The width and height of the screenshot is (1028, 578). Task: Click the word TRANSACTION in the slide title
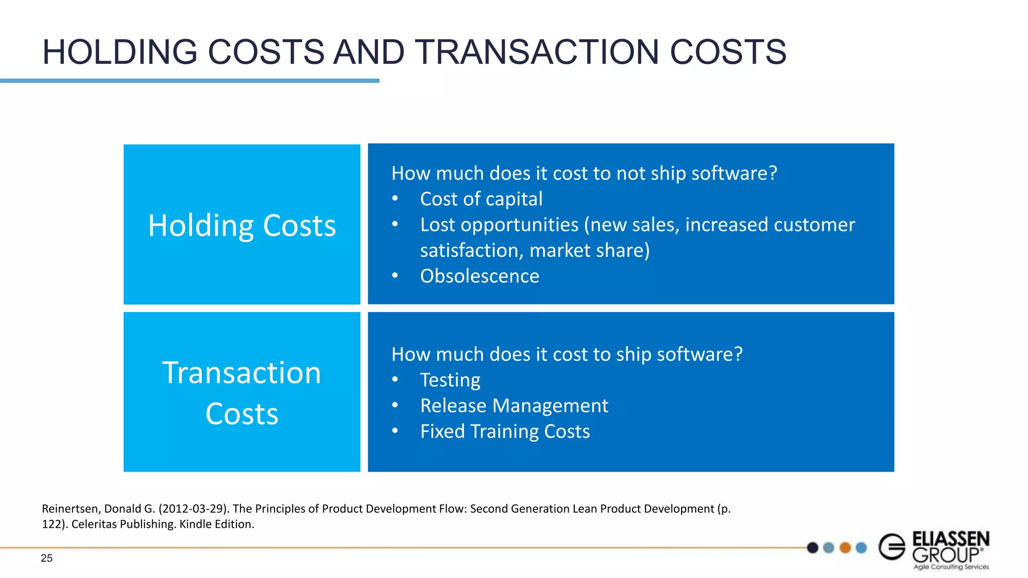click(x=536, y=52)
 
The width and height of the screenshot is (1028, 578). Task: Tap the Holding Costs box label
click(x=242, y=226)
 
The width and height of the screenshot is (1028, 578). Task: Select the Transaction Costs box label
click(x=242, y=393)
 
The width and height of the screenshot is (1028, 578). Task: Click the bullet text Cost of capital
click(x=481, y=199)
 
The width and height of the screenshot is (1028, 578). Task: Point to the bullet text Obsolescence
click(x=479, y=276)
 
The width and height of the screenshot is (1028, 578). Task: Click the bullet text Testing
click(x=450, y=380)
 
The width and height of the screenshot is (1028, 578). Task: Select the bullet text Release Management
click(x=513, y=406)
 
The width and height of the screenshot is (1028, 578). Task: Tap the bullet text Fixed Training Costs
click(x=504, y=431)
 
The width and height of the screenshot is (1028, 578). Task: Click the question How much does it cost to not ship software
click(x=584, y=174)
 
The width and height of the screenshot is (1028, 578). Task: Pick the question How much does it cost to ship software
click(x=567, y=355)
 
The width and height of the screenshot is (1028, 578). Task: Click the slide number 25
click(x=47, y=558)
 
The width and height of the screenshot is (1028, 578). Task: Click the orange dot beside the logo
click(x=845, y=547)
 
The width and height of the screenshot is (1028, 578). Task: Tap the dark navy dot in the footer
click(x=813, y=547)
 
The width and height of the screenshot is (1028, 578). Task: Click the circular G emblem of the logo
click(x=892, y=547)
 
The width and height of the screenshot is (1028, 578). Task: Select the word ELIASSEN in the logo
click(x=950, y=539)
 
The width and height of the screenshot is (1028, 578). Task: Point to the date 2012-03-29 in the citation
click(x=193, y=509)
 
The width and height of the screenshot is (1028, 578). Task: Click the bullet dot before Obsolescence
click(x=395, y=275)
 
